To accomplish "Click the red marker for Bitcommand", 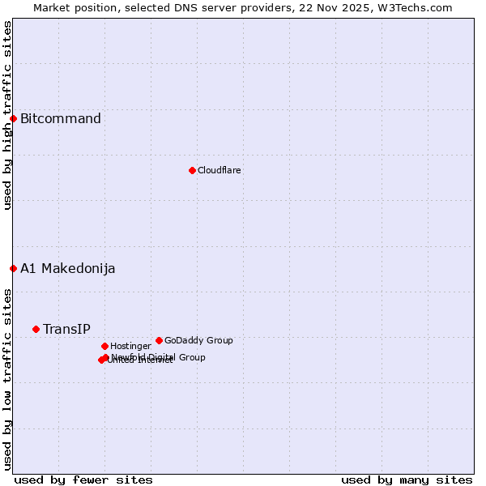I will (x=13, y=118).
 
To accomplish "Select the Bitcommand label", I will (x=61, y=119).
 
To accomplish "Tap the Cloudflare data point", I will (x=192, y=170).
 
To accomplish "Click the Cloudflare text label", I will (x=220, y=170).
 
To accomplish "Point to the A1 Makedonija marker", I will (x=13, y=268).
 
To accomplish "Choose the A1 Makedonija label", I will (x=68, y=269).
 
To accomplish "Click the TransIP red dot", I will (x=36, y=329).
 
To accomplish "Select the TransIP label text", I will (x=66, y=329).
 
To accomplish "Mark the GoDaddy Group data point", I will (x=159, y=340).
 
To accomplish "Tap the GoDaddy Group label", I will (x=198, y=340).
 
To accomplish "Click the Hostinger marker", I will (x=104, y=346).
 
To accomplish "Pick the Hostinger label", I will (x=130, y=346).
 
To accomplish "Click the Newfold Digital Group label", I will (x=159, y=357).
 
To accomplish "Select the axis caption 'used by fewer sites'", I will (x=83, y=480).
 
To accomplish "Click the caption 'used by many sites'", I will (x=407, y=480).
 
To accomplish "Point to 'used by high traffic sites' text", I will (x=7, y=115).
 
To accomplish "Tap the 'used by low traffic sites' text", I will (x=7, y=378).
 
